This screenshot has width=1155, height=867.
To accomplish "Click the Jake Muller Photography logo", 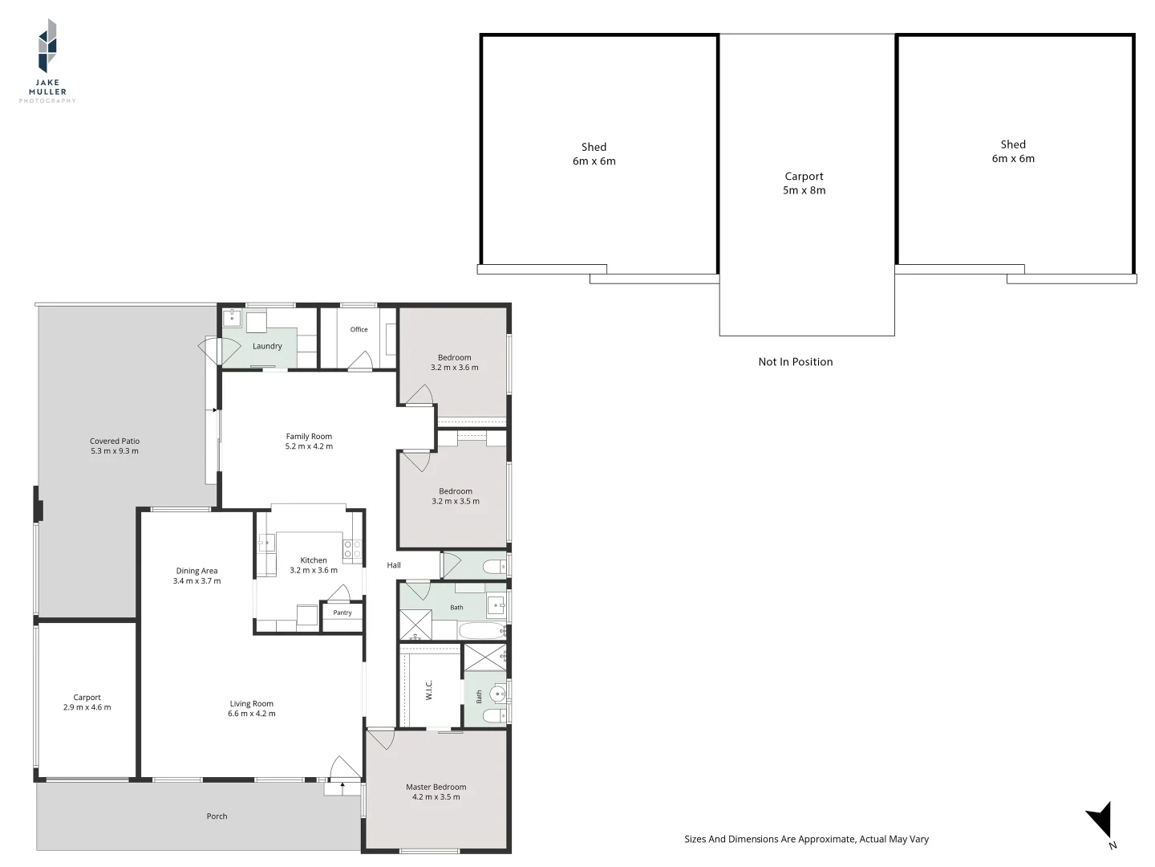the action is tap(47, 61).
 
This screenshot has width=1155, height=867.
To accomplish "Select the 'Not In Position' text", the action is tap(795, 361).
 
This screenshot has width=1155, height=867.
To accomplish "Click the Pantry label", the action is tap(342, 613).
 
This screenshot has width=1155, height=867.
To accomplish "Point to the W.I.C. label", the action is tap(429, 690).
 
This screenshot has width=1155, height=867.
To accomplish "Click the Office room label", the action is tap(359, 329).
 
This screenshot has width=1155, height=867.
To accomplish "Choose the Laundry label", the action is tap(267, 346).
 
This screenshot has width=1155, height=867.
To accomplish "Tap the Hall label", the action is tap(394, 565).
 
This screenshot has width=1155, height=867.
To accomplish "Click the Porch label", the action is tap(217, 816).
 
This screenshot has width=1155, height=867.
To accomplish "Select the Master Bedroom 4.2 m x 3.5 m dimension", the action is tap(436, 797).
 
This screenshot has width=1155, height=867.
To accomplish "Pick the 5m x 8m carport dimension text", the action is tap(804, 190).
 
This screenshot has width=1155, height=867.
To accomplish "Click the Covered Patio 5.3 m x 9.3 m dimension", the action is tap(114, 450).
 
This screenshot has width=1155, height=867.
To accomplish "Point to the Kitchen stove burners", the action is tap(353, 549).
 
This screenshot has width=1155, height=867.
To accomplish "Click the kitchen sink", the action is tap(266, 543).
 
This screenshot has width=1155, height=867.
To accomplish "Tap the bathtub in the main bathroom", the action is tap(482, 630).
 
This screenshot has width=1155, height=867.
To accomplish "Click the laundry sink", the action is tap(232, 319).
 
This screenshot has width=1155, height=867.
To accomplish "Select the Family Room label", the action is tap(309, 437).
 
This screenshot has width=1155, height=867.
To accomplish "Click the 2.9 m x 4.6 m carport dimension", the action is tap(87, 707).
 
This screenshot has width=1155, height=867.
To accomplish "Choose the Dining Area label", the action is tap(197, 571).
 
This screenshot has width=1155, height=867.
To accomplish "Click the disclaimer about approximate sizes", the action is tap(806, 839).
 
